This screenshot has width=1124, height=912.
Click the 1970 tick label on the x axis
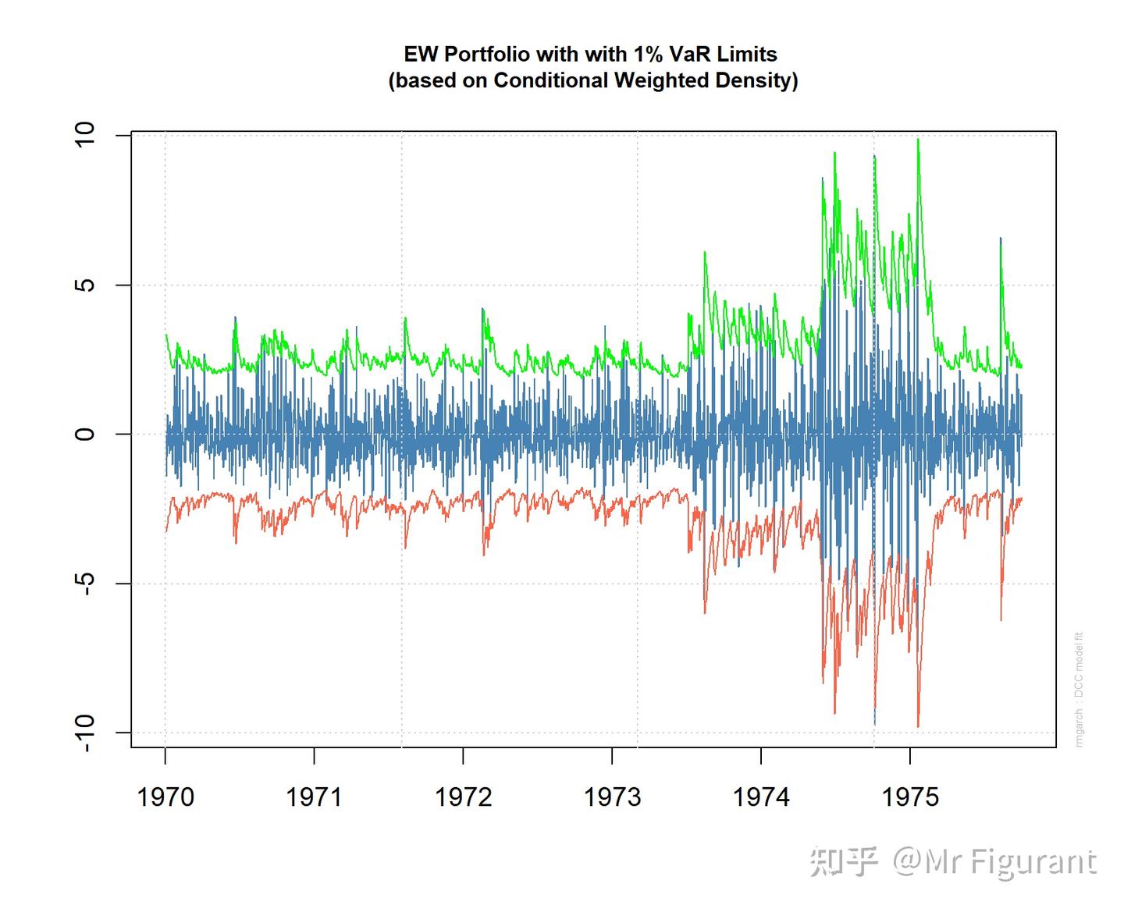click(165, 797)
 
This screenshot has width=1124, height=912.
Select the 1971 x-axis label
click(314, 797)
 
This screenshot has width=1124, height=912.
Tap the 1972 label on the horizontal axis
click(463, 797)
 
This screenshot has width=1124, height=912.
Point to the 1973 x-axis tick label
click(612, 797)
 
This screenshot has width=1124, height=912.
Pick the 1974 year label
click(761, 797)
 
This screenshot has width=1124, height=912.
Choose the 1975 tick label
click(909, 797)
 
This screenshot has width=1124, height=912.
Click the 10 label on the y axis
click(84, 134)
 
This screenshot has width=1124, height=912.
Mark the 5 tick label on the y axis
click(84, 285)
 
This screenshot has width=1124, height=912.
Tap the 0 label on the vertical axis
click(84, 434)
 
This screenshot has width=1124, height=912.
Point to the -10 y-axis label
click(84, 732)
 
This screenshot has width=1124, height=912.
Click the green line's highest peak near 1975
click(918, 140)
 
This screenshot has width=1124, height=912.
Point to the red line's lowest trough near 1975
click(918, 726)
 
